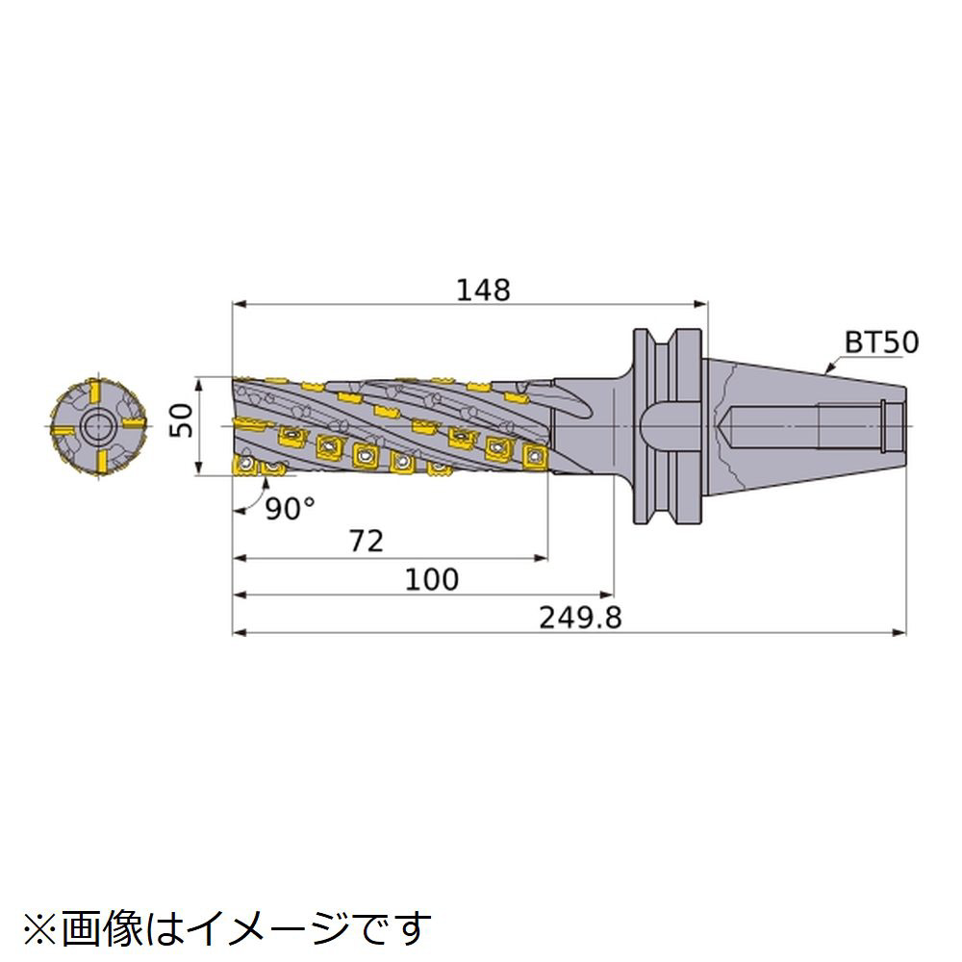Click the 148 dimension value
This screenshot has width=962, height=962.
click(484, 290)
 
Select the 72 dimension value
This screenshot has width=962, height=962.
click(367, 541)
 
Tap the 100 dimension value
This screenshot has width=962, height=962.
click(432, 579)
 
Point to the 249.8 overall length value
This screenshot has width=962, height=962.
click(580, 618)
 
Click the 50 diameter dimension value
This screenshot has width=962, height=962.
click(181, 420)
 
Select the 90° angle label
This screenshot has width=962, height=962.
click(291, 508)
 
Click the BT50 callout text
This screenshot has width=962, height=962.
click(881, 342)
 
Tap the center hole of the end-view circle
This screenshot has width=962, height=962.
click(97, 426)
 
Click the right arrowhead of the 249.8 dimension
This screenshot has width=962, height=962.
click(899, 632)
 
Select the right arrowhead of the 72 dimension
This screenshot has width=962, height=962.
click(541, 558)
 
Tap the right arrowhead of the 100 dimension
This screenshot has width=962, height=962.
click(607, 595)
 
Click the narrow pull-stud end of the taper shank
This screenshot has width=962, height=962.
click(895, 426)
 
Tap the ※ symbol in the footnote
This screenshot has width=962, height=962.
click(41, 928)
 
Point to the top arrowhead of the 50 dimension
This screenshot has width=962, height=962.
click(198, 385)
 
